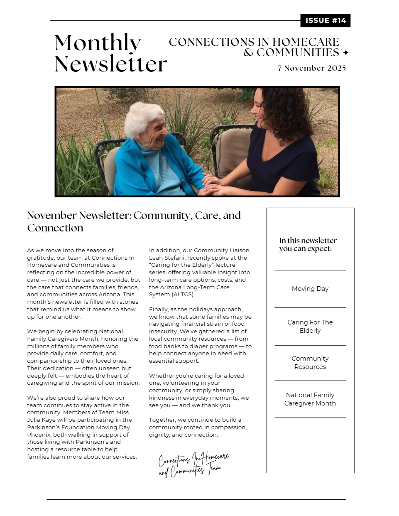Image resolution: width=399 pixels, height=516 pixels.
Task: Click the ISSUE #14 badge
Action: point(325,20)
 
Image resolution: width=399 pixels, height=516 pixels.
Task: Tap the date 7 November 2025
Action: point(312,68)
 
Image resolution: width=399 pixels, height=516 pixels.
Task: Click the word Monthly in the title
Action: point(98,42)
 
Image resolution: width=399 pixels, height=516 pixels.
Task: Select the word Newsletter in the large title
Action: point(111,64)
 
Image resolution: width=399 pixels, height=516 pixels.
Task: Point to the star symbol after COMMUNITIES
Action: point(345,53)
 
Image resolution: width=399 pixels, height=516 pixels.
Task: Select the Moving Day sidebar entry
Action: point(310,289)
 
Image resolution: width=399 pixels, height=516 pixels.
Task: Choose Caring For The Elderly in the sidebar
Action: point(310,326)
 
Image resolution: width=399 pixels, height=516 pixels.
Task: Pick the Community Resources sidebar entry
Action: point(310,362)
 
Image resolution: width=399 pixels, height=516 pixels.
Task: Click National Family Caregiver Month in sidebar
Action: point(310,399)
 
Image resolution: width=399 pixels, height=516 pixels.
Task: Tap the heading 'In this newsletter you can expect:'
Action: point(308,244)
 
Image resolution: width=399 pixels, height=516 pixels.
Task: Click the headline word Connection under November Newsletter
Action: point(55,228)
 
